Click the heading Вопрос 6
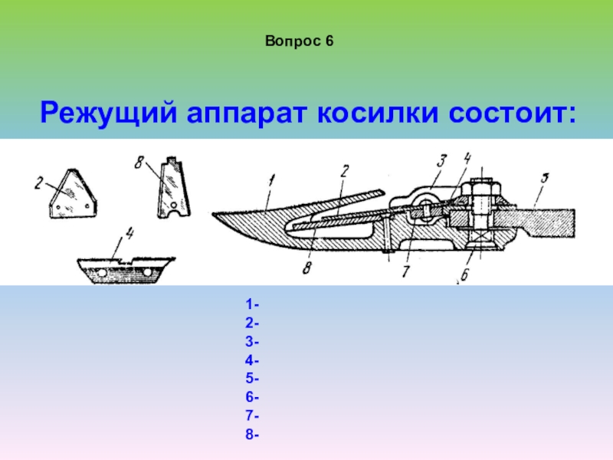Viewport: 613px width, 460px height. point(299,41)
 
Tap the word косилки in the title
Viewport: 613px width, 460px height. point(378,113)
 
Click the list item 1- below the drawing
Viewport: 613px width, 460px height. point(252,304)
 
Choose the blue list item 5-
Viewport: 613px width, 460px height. point(252,378)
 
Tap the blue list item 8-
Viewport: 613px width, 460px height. point(252,434)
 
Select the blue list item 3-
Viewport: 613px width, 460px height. point(252,341)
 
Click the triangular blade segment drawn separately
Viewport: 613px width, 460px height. point(72,195)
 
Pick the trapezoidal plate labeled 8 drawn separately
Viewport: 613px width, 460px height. point(174,188)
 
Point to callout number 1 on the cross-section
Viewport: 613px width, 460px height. point(271,181)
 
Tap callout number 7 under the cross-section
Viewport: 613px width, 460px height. point(405,271)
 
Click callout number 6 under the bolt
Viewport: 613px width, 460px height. point(464,274)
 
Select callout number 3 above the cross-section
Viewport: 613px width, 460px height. point(442,161)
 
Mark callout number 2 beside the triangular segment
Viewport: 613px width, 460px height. point(38,183)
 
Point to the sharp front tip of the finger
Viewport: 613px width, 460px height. point(213,215)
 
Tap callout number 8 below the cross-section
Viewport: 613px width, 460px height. point(307,268)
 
